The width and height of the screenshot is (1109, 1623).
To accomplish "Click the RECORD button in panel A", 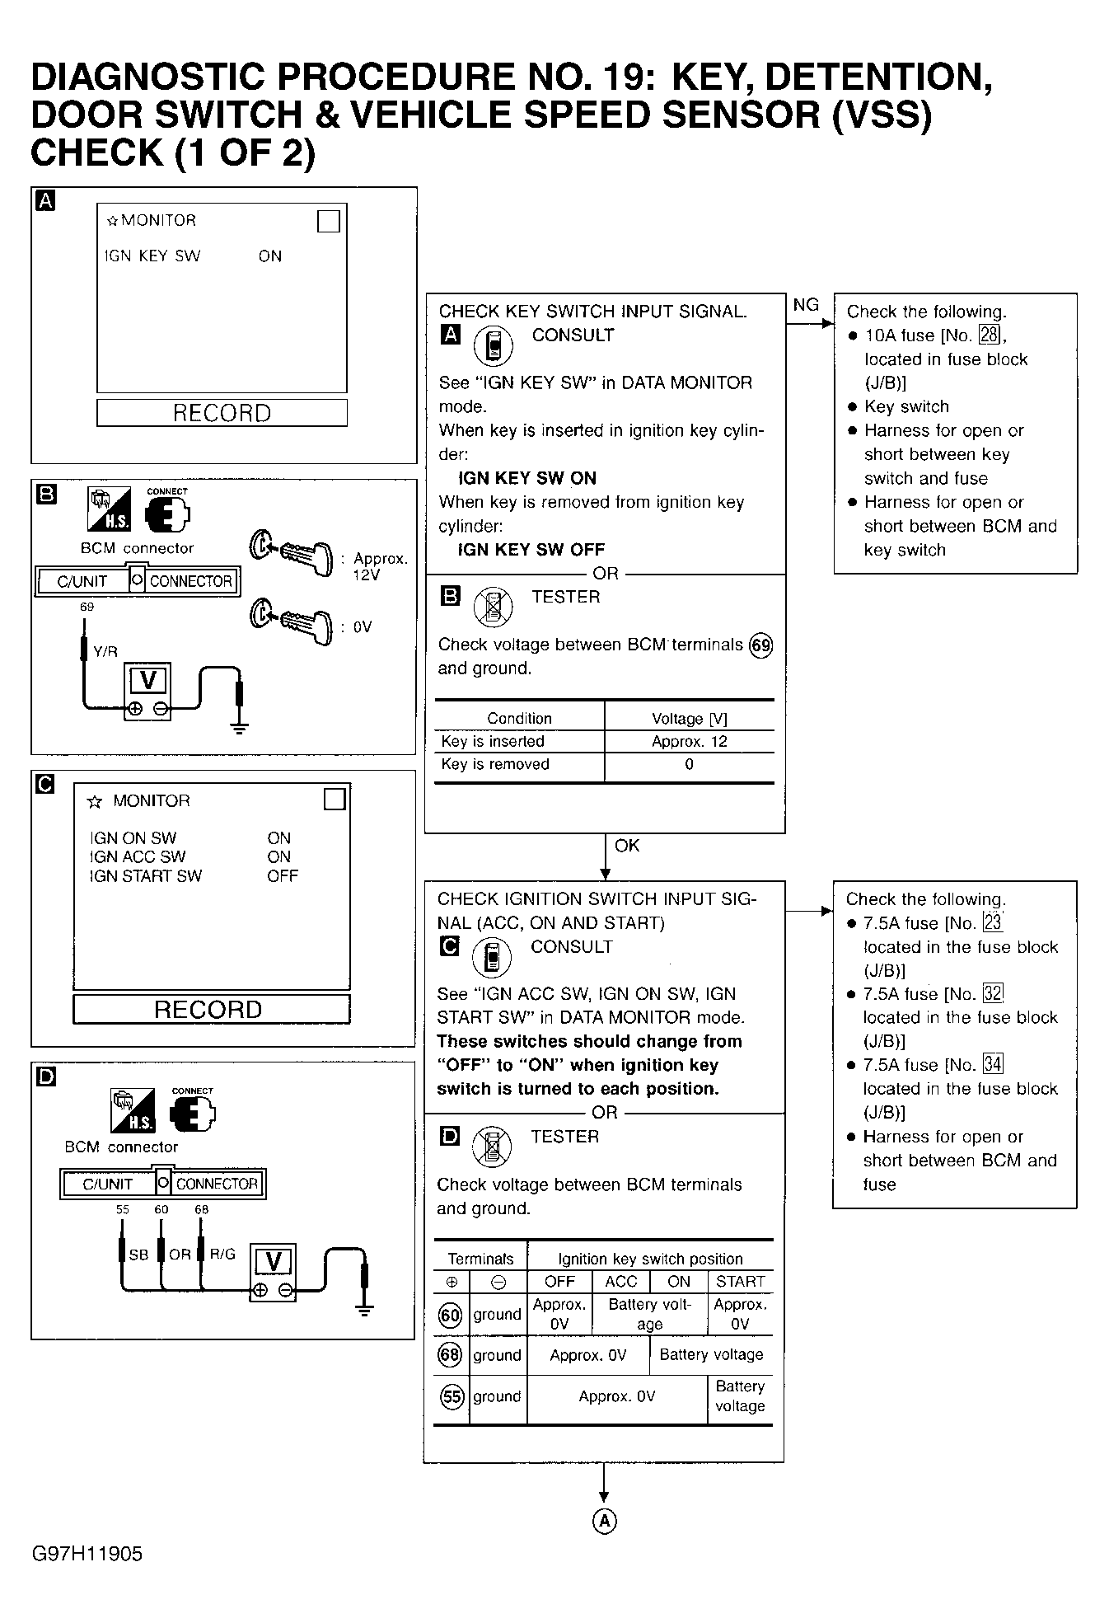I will tap(222, 413).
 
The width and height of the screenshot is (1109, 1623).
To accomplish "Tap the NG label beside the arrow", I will tap(806, 305).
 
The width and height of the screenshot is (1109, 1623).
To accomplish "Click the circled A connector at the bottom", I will tap(604, 1521).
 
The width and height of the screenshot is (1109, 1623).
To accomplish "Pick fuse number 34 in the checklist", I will tap(993, 1064).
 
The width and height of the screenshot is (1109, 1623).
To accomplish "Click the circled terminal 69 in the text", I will tap(760, 645).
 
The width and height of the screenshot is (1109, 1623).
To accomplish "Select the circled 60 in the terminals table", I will tap(451, 1315).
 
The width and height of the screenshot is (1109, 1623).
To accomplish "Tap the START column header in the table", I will tap(740, 1282).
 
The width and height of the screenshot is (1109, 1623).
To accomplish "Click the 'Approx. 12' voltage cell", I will tap(689, 741).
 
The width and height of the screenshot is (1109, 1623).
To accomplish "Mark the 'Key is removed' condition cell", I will tap(495, 764).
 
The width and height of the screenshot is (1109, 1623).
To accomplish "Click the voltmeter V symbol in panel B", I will tap(148, 681).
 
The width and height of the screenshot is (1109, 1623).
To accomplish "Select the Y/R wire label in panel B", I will tap(105, 651).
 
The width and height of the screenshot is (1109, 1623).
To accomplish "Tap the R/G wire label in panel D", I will tap(222, 1254).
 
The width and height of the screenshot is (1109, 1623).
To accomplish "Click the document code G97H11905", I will tap(87, 1554).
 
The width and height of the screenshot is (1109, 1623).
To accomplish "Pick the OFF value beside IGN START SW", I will tap(282, 876).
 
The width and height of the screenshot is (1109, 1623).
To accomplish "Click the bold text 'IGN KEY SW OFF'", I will tap(531, 550).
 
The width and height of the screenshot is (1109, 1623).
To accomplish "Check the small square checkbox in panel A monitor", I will tap(328, 221).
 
